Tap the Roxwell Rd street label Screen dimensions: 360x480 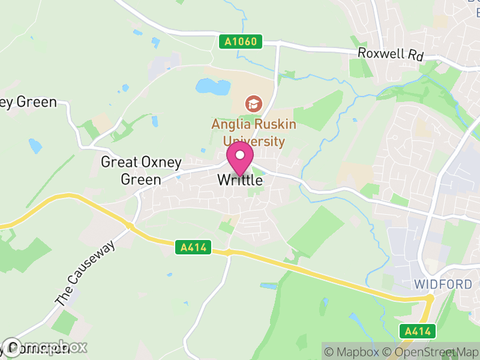tap(391, 53)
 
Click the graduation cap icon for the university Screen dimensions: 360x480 tap(253, 104)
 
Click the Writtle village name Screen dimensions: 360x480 tap(240, 179)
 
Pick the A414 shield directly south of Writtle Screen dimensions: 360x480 tap(194, 247)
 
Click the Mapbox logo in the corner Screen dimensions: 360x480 tap(45, 347)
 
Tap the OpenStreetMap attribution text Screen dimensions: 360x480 tap(430, 352)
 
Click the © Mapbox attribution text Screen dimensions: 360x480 tap(353, 352)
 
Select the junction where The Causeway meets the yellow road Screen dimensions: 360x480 tap(128, 226)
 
